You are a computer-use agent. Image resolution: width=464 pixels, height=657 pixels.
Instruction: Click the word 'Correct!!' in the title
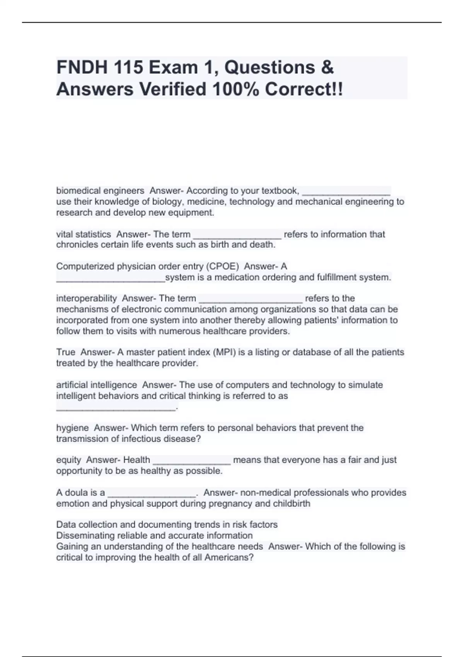click(x=304, y=90)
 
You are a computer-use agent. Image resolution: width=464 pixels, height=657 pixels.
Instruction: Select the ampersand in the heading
click(x=327, y=68)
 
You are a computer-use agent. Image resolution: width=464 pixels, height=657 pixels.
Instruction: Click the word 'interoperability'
click(x=86, y=298)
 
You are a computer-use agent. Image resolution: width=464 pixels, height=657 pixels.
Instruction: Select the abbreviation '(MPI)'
click(x=224, y=352)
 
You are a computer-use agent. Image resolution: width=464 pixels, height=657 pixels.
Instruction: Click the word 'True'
click(x=66, y=352)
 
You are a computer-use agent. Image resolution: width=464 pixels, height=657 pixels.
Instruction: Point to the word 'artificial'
click(x=72, y=385)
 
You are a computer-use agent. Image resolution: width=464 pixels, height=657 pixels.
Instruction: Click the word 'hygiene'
click(x=72, y=428)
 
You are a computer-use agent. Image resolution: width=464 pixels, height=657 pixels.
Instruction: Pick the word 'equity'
click(x=68, y=460)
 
